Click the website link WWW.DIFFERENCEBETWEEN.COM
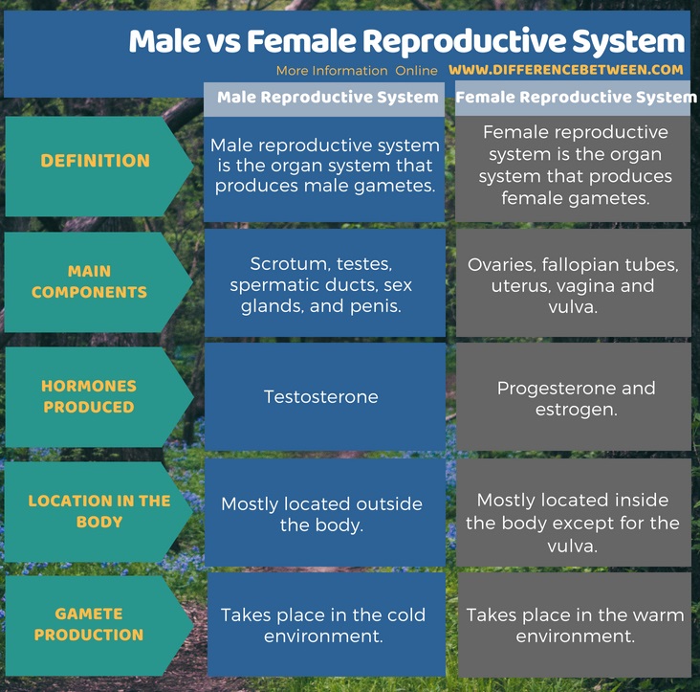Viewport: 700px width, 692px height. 565,70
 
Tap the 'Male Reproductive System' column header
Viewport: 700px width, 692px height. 327,98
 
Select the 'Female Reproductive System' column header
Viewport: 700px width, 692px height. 576,98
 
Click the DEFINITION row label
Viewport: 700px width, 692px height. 95,161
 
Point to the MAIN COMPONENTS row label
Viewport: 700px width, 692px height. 89,282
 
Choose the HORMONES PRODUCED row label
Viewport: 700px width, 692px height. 89,396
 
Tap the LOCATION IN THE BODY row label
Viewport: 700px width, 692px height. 99,511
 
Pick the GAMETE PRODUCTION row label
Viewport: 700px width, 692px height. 89,624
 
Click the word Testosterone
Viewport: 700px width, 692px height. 321,396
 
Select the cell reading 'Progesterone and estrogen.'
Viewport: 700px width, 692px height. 576,398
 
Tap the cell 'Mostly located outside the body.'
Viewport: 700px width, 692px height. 321,514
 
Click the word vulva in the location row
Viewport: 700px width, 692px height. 576,546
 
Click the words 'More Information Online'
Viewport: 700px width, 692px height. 357,71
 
